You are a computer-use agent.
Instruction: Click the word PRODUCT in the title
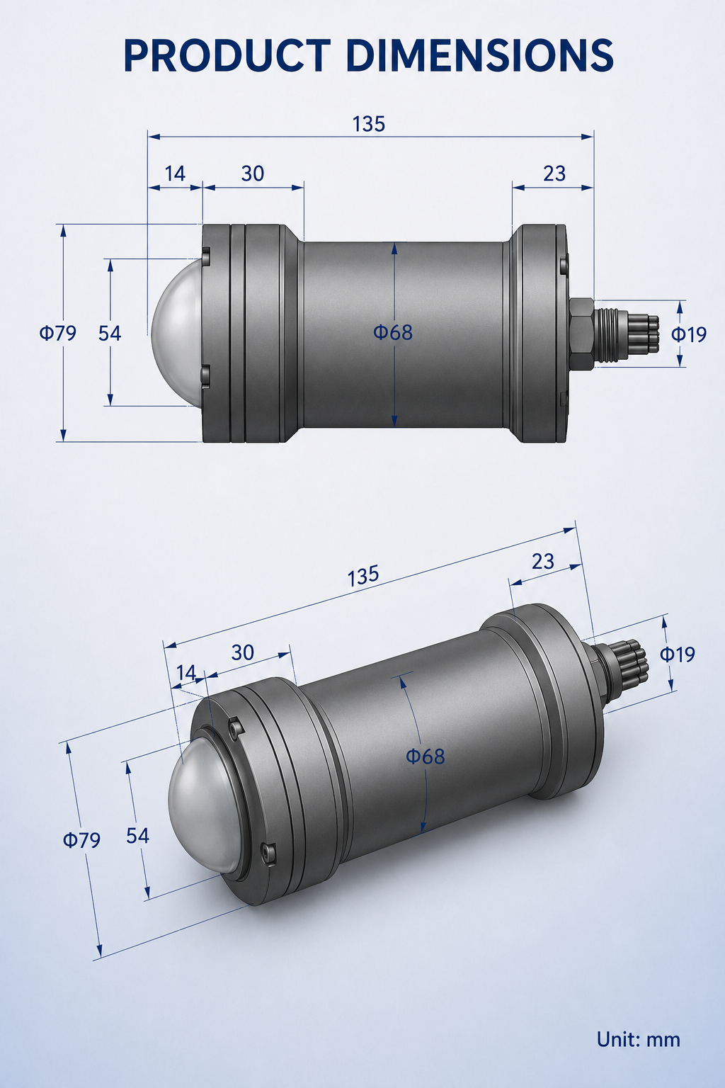tap(227, 55)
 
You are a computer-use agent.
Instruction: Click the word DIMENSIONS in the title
tap(480, 55)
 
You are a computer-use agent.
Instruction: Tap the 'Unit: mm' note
tap(638, 1039)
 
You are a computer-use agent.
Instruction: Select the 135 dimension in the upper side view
tap(369, 124)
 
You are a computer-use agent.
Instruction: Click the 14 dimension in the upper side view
tap(175, 174)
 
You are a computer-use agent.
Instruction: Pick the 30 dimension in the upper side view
tap(253, 174)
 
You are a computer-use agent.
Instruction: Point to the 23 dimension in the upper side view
tap(554, 174)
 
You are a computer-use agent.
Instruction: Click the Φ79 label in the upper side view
tap(58, 333)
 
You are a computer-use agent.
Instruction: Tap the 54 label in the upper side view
tap(110, 333)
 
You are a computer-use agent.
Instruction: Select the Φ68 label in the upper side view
tap(393, 332)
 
